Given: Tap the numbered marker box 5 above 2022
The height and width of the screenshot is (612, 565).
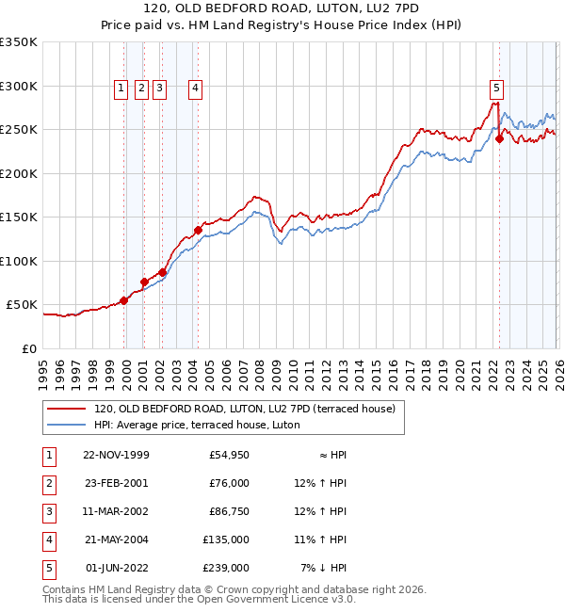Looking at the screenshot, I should coord(496,89).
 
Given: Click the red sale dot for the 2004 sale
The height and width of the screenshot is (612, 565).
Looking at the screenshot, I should coord(199,230).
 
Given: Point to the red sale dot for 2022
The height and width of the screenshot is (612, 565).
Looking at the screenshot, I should coord(499,138).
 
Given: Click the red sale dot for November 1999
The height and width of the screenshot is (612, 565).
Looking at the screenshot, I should coord(124,300).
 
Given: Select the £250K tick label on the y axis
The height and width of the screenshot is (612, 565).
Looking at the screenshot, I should coord(18,130).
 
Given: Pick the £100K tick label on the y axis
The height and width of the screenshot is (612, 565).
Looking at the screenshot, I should coord(18,261).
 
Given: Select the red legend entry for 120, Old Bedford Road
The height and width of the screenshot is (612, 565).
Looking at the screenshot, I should coord(250,409).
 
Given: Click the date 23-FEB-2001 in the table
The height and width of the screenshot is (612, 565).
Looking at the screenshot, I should coord(116,483).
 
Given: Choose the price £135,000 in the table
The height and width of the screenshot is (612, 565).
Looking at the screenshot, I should coord(228,540).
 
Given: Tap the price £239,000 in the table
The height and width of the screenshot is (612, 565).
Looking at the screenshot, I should coord(228,568).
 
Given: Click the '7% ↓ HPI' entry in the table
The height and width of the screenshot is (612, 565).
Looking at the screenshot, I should coord(323,568).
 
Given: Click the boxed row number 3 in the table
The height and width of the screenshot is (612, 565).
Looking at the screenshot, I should coord(47,511).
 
